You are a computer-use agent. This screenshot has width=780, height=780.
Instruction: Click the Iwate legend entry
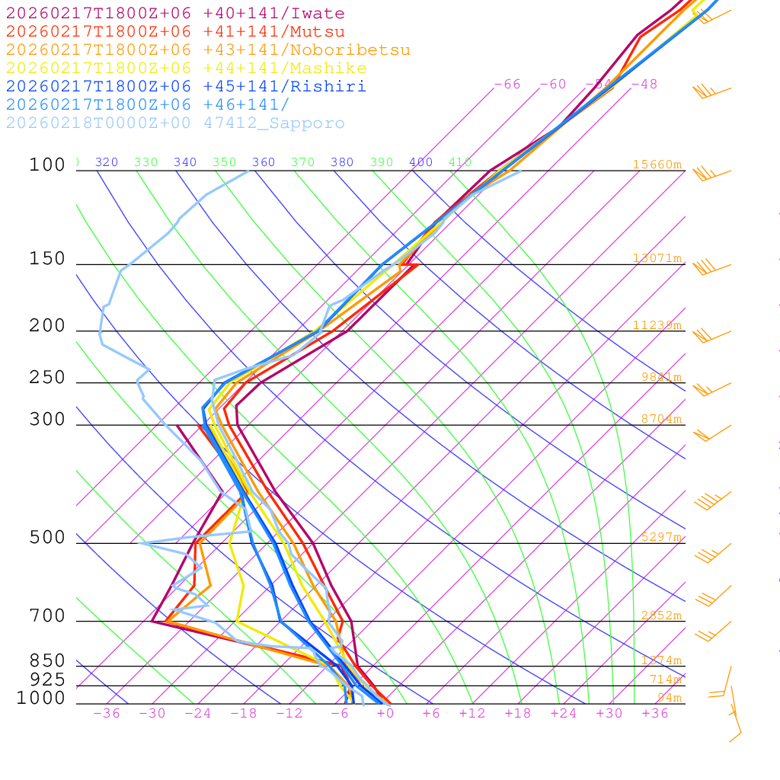pos(175,14)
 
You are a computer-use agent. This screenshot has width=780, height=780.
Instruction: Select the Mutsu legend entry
pos(175,32)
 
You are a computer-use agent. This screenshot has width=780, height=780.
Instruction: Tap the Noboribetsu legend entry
pos(208,50)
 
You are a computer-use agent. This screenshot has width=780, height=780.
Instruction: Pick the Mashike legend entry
pos(186,69)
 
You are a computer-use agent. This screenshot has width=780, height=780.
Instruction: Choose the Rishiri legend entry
pos(186,87)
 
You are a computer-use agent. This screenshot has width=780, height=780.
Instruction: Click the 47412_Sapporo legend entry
pos(175,123)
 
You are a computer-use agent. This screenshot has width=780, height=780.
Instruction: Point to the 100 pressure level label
pos(47,165)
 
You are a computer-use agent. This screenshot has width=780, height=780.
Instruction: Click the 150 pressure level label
pos(47,259)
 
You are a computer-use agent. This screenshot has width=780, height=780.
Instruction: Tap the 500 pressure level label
pos(47,538)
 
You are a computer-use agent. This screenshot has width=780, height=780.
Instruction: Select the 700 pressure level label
pos(47,616)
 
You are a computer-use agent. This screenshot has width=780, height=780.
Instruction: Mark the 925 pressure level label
pos(47,679)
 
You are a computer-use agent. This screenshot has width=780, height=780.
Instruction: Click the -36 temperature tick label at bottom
pos(106,714)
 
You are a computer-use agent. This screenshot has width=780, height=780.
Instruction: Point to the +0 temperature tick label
pos(385,714)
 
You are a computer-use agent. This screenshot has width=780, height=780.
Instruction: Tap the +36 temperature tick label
pos(655,714)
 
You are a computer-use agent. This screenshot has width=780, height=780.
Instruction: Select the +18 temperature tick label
pos(518,714)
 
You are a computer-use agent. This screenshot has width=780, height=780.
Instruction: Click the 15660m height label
pos(657,165)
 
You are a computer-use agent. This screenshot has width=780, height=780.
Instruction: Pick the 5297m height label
pos(660,537)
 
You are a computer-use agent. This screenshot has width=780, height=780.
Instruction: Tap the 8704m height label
pos(660,419)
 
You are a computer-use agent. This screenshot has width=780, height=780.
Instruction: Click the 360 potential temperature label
pos(264,162)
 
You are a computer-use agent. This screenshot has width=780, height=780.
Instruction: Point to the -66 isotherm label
pos(507,85)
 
